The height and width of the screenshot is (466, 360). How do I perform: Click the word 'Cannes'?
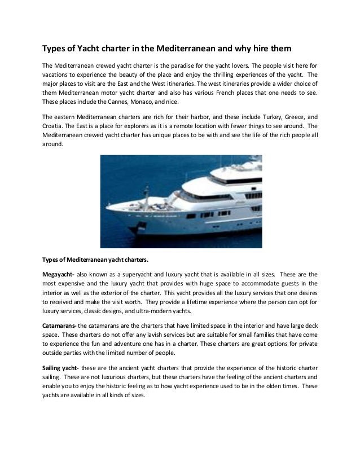[93, 102]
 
